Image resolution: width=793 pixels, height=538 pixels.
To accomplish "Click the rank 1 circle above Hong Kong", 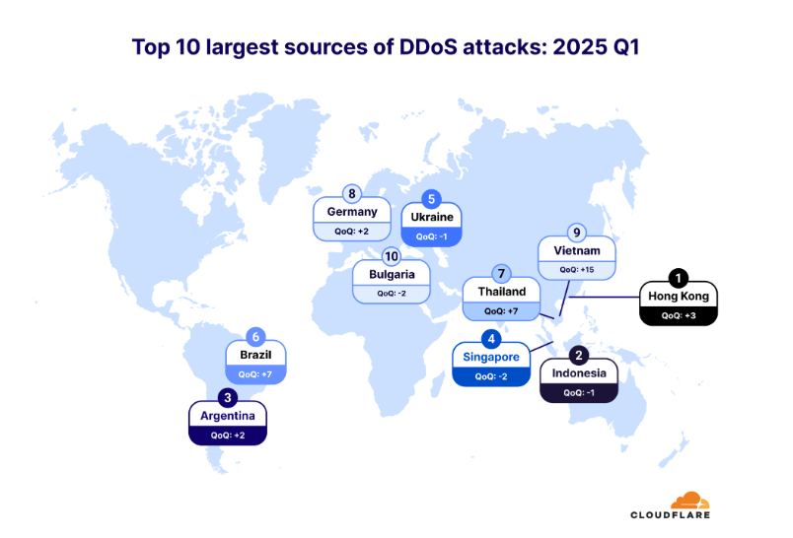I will pos(678,278).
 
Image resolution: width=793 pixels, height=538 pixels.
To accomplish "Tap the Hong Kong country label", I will pos(678,297).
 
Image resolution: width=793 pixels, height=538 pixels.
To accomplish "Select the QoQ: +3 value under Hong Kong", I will pos(678,315).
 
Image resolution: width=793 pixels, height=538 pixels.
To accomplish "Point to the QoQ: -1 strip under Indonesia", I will pos(579,392).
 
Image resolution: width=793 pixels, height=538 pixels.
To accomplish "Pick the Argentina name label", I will pos(228,416).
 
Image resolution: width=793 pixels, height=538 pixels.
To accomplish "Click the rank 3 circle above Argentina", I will pos(228,398).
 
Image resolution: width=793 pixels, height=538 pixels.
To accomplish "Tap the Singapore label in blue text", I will pos(491,357).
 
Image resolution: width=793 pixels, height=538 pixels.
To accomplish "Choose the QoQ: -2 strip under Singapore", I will pos(491,376).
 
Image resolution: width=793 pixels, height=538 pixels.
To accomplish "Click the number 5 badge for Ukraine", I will pos(431,198).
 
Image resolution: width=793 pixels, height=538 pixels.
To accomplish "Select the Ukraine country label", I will pos(431,218).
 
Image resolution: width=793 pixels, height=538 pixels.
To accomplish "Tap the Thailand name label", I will pos(502,292).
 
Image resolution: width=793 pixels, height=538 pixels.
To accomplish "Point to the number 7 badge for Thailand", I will pos(502,273).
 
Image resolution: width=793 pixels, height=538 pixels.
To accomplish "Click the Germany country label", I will pos(351,212).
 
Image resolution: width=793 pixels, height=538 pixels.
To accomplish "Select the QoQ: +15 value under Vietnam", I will pos(577,269).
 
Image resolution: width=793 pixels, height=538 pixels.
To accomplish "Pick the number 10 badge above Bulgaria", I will pos(392,256).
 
